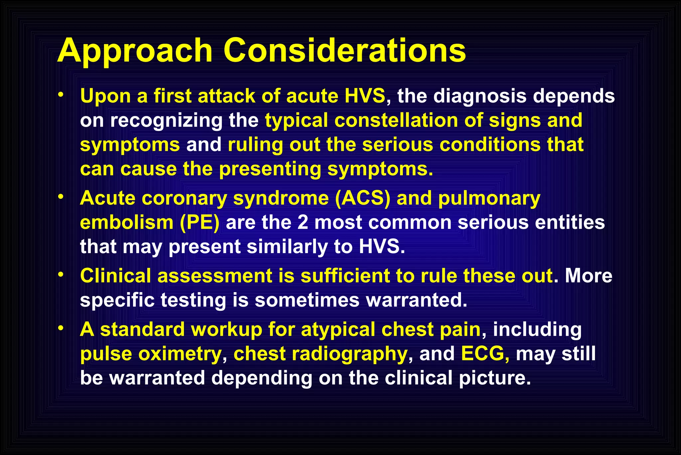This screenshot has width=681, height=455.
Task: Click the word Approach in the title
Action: click(135, 51)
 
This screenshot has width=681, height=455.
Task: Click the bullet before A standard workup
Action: click(60, 328)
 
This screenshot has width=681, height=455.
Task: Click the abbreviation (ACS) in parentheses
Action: click(362, 198)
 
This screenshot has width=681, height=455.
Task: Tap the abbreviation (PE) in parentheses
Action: click(200, 223)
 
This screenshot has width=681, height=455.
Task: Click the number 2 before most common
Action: click(303, 223)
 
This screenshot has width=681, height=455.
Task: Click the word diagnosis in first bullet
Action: click(480, 96)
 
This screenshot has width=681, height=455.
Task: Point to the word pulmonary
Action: click(489, 199)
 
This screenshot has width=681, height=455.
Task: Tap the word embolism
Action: click(127, 223)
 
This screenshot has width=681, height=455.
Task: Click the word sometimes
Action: click(307, 300)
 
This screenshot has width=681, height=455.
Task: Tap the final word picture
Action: click(494, 378)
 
